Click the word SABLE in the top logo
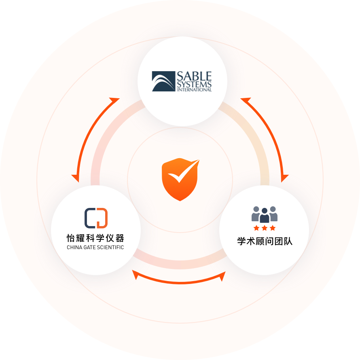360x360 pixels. tap(194, 76)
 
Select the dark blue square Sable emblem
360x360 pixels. tap(163, 81)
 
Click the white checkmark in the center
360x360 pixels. tap(184, 170)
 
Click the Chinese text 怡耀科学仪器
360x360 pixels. tap(95, 237)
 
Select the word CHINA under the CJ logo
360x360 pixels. tap(74, 247)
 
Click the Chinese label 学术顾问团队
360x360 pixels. tap(265, 241)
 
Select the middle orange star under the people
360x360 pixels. tap(265, 228)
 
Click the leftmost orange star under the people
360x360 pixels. tap(256, 228)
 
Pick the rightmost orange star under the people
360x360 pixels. tap(273, 228)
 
